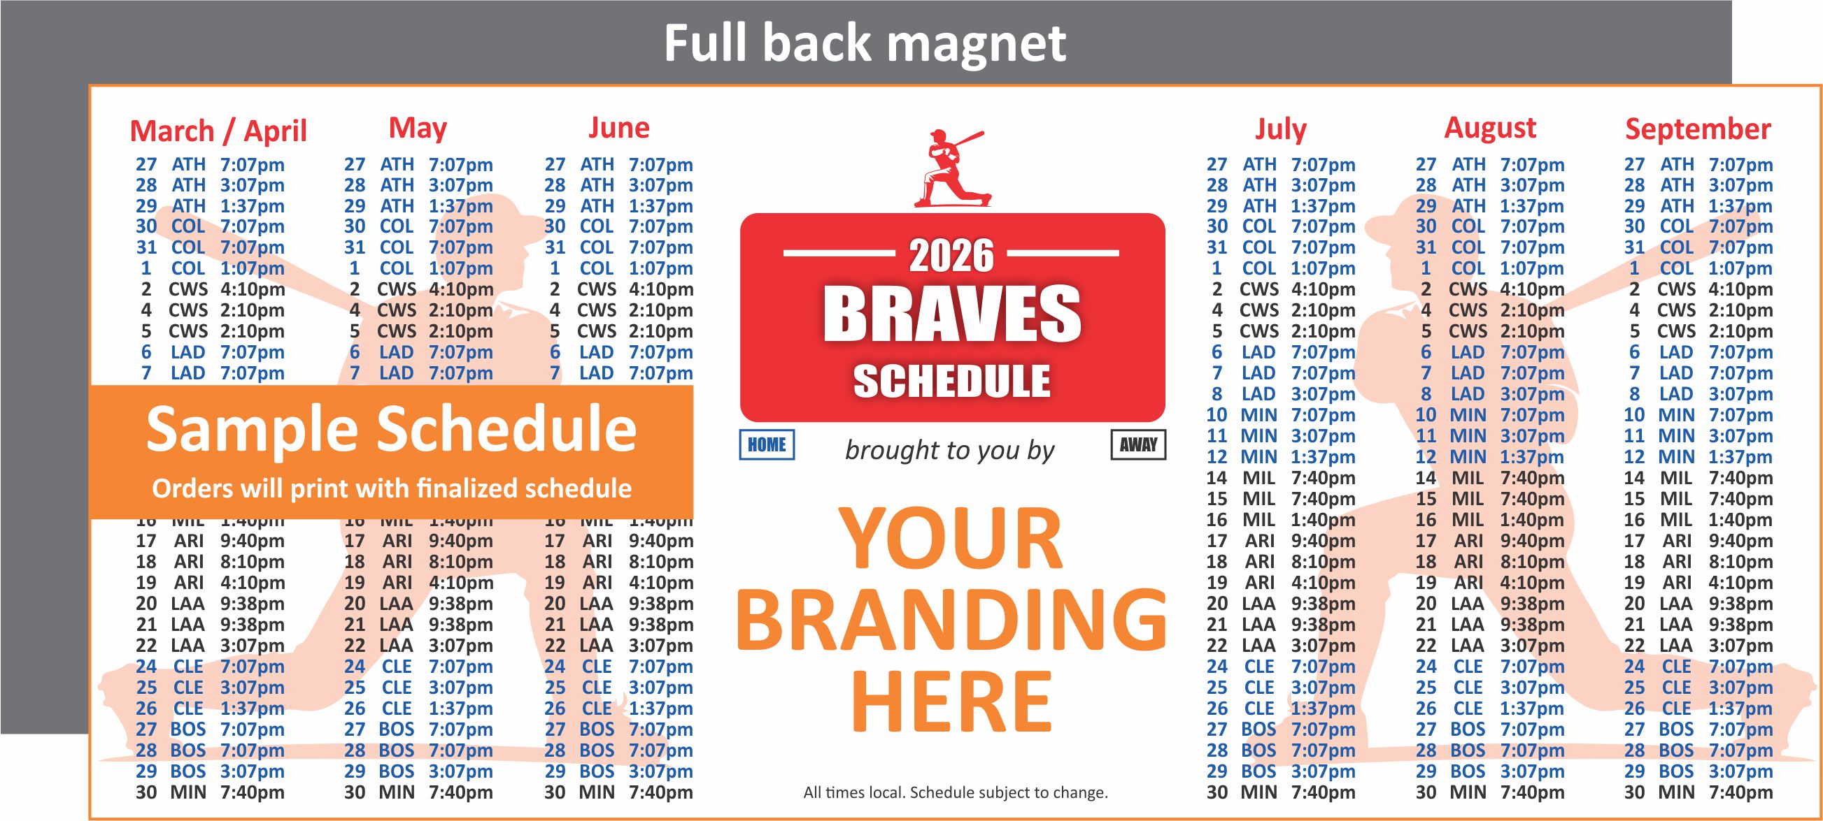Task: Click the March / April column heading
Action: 218,131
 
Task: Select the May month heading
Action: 418,129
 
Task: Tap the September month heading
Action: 1697,129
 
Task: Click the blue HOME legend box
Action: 767,445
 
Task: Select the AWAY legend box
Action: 1138,445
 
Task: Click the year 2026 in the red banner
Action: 951,256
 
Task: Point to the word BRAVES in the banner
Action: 951,314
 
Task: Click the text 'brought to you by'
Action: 949,450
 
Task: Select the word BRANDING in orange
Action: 951,620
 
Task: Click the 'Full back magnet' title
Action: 864,43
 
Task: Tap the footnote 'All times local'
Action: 955,793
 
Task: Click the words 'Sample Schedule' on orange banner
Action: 390,429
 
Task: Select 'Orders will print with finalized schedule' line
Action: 390,488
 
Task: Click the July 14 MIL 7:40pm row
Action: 1280,478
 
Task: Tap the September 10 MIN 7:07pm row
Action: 1697,415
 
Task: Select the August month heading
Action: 1489,128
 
